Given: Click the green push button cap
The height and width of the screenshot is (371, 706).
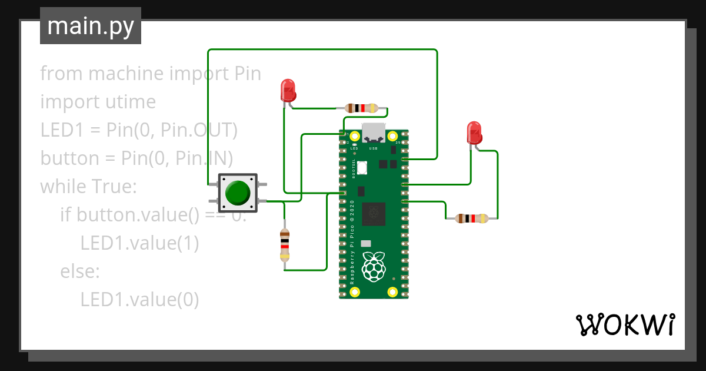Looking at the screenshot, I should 238,193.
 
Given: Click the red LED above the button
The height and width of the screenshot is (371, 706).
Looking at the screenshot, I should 288,90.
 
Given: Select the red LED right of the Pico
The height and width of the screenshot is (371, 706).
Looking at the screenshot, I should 474,133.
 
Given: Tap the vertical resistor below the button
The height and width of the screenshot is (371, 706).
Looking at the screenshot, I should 285,244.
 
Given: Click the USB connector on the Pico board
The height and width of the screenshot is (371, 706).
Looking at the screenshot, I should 374,132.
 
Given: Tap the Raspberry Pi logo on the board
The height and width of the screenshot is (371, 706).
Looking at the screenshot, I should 374,266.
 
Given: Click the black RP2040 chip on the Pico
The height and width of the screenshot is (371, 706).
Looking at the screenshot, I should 374,214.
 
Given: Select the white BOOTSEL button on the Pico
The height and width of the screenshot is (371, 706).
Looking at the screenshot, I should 361,167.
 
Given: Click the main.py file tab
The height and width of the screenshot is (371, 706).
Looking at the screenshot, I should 91,26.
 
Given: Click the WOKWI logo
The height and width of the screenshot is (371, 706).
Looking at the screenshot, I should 625,324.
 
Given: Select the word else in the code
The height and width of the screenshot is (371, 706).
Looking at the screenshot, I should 79,271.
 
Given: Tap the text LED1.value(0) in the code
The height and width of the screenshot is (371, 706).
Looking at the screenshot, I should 139,299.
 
